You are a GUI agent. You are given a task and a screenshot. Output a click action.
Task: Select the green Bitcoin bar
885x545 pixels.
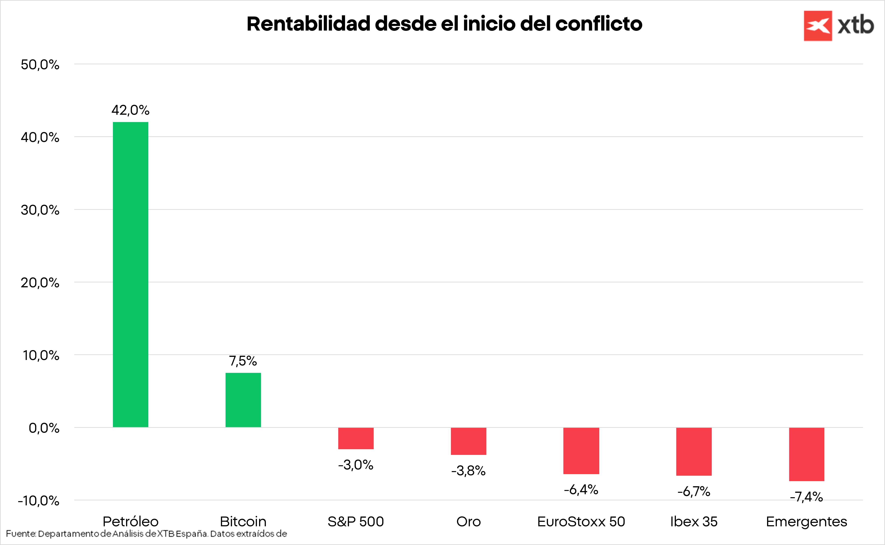[243, 400]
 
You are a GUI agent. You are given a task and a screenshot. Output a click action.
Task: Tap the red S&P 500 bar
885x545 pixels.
[356, 438]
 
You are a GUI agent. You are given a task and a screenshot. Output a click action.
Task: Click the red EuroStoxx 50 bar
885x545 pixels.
[581, 451]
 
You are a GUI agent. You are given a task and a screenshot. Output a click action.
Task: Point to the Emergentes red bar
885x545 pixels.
[806, 454]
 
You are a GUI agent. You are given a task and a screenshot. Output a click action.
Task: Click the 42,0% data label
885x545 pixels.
[130, 110]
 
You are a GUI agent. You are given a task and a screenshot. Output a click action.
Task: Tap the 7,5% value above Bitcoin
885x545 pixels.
[243, 361]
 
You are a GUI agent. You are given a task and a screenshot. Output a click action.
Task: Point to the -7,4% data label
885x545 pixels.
[806, 497]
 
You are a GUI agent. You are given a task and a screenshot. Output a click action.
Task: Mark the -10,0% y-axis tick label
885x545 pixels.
[39, 501]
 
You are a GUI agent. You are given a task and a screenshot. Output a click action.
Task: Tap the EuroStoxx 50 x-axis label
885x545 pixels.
[581, 522]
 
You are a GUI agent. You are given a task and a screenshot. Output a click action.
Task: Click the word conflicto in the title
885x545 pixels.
[599, 24]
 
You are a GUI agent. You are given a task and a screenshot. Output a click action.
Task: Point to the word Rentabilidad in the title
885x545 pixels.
[308, 24]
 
